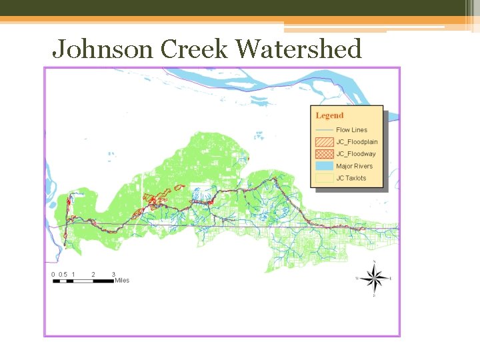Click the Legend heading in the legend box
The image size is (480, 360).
click(329, 116)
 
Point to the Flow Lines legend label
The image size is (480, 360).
click(351, 130)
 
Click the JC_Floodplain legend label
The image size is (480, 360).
click(357, 142)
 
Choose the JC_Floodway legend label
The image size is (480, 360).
click(356, 154)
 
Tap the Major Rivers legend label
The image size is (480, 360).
click(355, 166)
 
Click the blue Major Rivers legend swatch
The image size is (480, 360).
click(325, 166)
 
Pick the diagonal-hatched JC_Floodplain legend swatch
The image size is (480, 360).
click(325, 142)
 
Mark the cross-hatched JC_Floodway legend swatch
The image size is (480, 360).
click(325, 154)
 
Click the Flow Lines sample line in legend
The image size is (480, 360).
click(325, 130)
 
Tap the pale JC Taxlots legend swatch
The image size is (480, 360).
click(325, 178)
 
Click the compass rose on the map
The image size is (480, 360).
click(375, 277)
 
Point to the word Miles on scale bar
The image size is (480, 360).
click(122, 281)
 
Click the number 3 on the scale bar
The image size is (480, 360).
click(113, 275)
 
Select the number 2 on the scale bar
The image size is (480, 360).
click(93, 275)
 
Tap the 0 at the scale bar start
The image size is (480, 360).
click(53, 275)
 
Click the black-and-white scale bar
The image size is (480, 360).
click(83, 281)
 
